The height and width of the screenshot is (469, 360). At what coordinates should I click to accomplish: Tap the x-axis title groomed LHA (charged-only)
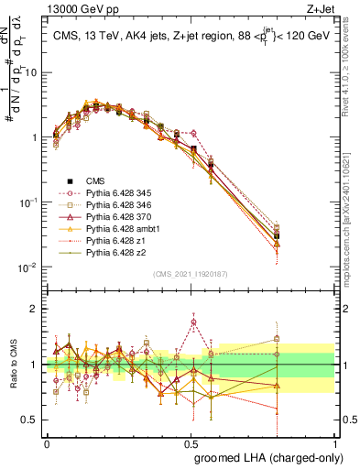pyautogui.click(x=266, y=456)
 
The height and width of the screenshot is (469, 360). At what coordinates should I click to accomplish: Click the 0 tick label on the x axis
pyautogui.click(x=47, y=442)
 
